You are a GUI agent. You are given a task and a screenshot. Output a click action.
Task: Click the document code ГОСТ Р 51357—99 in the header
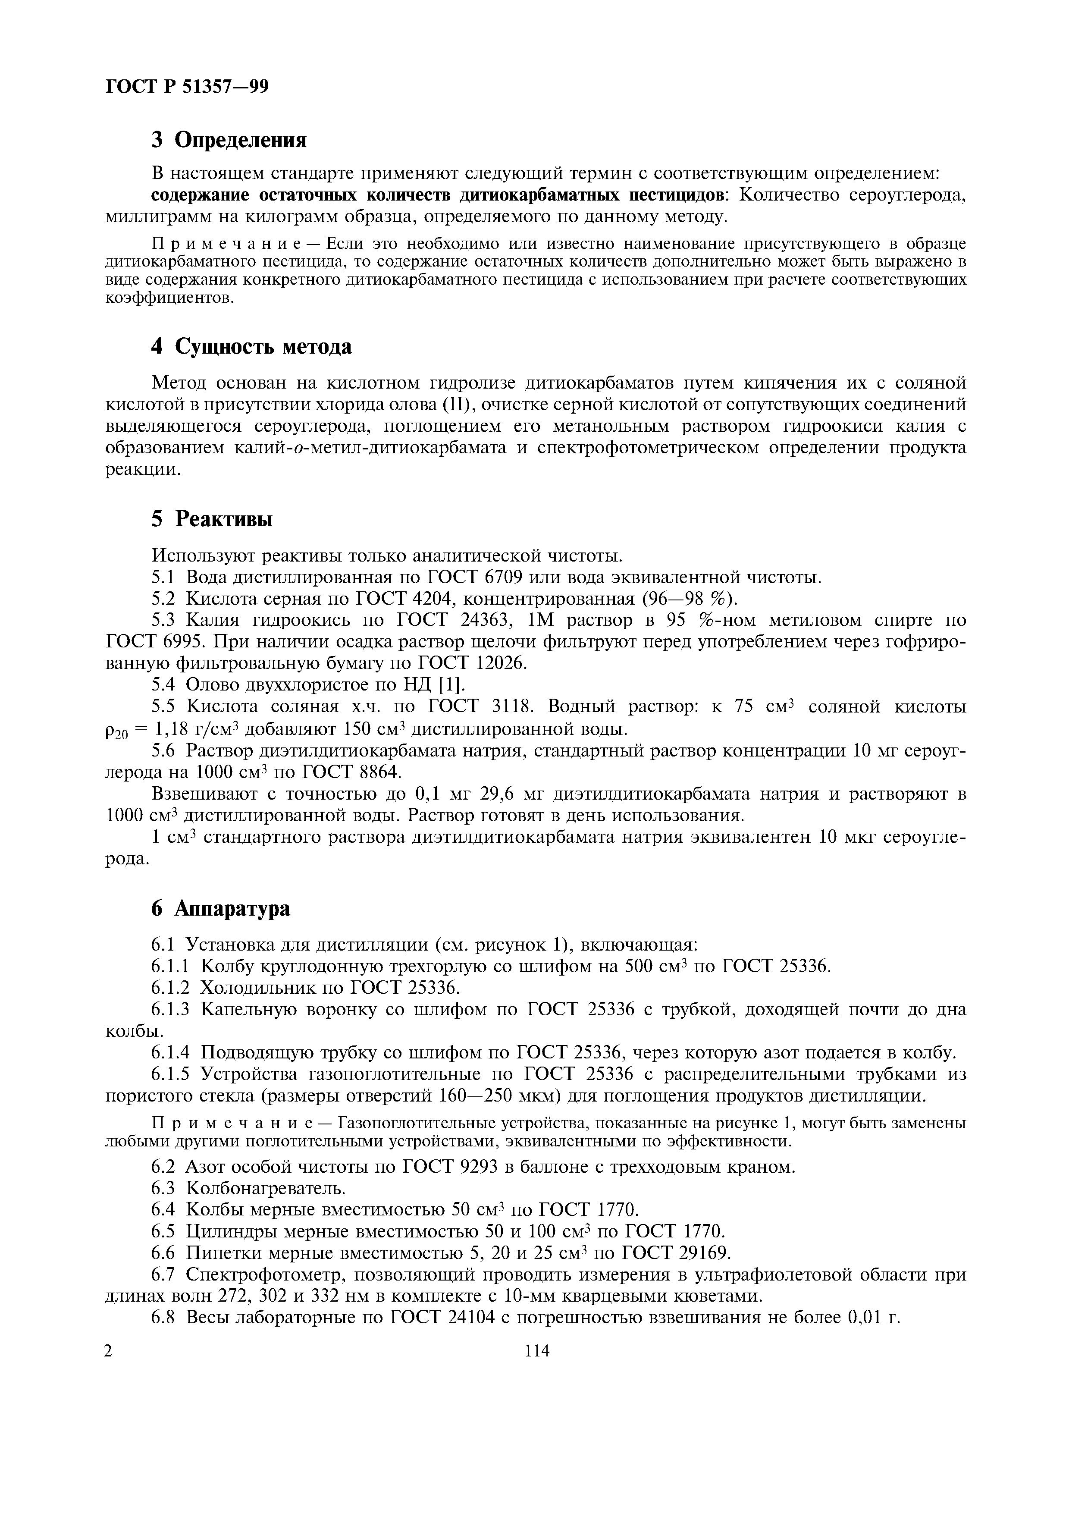187,87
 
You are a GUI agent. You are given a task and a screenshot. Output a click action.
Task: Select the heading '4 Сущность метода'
251,347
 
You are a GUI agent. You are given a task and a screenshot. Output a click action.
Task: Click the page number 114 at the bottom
537,1351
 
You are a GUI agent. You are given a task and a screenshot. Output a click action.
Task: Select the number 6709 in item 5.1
504,578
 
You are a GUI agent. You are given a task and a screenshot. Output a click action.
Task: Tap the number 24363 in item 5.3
482,621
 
